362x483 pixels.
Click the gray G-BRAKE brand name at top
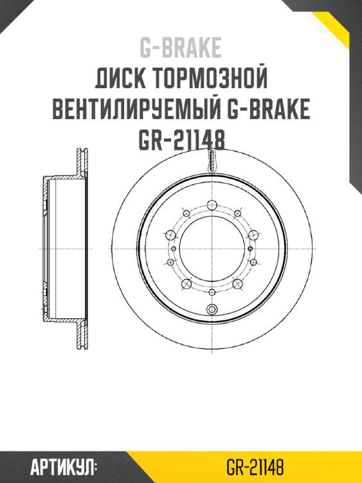pyautogui.click(x=181, y=46)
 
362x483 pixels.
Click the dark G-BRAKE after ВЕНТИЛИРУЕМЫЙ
pyautogui.click(x=269, y=109)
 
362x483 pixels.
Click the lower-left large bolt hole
pyautogui.click(x=185, y=284)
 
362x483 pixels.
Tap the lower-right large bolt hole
pyautogui.click(x=237, y=284)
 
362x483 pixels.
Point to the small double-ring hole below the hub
pyautogui.click(x=211, y=310)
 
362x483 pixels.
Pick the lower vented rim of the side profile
pyautogui.click(x=82, y=335)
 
